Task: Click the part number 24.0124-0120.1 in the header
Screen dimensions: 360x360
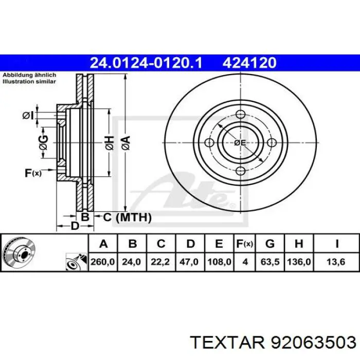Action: coord(146,63)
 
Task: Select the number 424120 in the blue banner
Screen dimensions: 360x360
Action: coord(250,63)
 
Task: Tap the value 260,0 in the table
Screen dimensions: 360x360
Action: coord(103,262)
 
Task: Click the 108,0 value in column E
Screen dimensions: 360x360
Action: coord(219,262)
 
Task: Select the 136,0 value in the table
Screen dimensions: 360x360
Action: coord(299,262)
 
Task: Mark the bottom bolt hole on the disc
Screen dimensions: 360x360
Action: coord(240,171)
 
